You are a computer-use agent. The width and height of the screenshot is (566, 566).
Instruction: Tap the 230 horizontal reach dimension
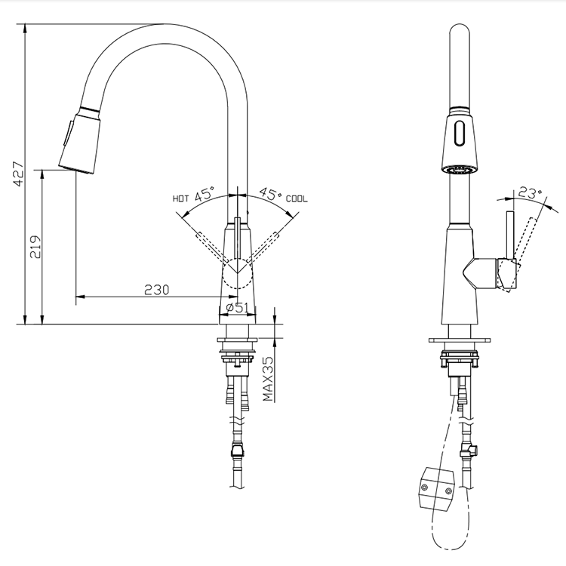click(157, 289)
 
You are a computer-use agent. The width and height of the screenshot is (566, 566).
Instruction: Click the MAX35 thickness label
click(268, 379)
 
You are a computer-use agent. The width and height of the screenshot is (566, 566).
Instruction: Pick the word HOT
click(180, 199)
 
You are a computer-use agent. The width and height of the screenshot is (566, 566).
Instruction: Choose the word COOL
click(296, 199)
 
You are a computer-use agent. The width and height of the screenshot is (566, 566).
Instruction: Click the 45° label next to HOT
click(205, 194)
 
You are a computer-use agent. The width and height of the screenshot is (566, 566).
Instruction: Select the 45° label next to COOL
click(269, 194)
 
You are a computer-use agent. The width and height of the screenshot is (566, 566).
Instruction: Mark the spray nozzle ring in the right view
click(458, 170)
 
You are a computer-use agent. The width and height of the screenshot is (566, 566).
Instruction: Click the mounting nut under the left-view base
click(238, 354)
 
